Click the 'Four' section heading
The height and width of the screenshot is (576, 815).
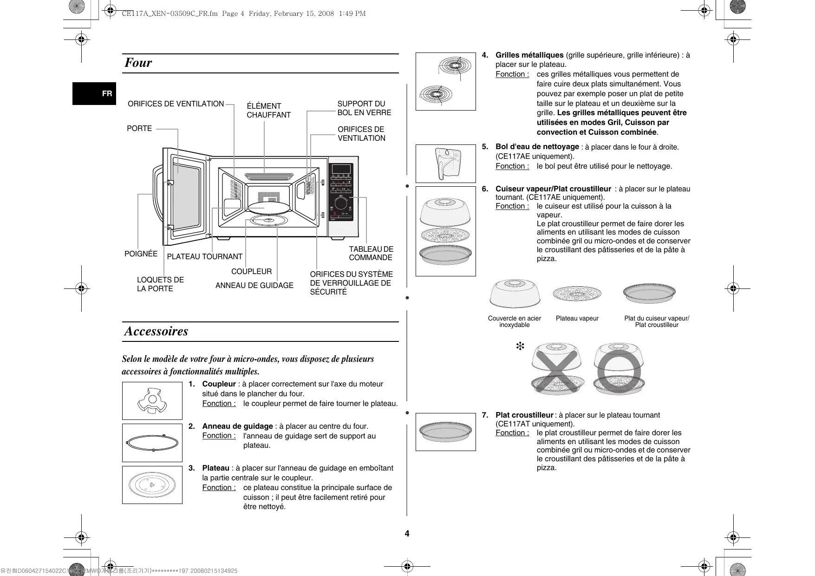tap(138, 63)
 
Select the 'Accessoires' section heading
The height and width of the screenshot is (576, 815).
tap(156, 331)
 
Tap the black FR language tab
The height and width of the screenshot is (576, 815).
tap(94, 93)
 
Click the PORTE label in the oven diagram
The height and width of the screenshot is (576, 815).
tap(139, 129)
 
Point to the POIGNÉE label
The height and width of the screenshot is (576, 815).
tap(141, 254)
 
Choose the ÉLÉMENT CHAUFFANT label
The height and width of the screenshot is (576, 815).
tap(268, 111)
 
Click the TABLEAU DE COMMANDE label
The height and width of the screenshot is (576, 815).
tap(371, 254)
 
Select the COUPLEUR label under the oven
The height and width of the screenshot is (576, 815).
tap(251, 271)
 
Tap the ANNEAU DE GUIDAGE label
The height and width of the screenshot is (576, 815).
tap(254, 285)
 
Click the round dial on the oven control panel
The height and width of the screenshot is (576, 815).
tap(341, 203)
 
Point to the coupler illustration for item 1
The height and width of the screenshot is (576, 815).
tap(152, 400)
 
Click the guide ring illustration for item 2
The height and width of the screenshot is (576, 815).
tap(152, 443)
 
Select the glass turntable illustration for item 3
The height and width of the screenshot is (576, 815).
tap(152, 484)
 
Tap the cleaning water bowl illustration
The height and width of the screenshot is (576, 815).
tap(445, 164)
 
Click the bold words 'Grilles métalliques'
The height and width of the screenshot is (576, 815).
tap(529, 55)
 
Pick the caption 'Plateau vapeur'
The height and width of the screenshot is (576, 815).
tap(577, 318)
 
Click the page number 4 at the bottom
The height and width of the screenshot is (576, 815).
tap(407, 534)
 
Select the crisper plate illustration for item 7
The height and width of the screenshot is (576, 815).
tap(445, 432)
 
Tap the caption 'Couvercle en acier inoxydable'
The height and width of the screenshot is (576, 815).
tap(514, 321)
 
